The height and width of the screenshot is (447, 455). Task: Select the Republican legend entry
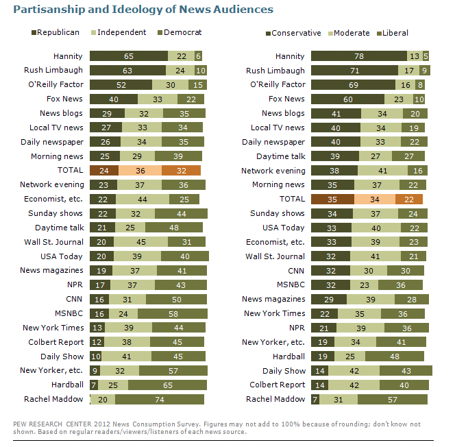click(x=56, y=32)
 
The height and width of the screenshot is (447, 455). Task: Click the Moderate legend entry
click(x=349, y=32)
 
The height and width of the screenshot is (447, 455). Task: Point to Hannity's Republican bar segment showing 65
click(x=128, y=56)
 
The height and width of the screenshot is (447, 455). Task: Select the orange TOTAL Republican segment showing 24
click(x=104, y=171)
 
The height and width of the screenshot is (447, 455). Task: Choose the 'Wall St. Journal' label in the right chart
click(x=275, y=256)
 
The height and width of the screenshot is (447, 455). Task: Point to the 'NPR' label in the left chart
click(x=76, y=285)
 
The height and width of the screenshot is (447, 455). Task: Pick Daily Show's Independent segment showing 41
click(x=126, y=356)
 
